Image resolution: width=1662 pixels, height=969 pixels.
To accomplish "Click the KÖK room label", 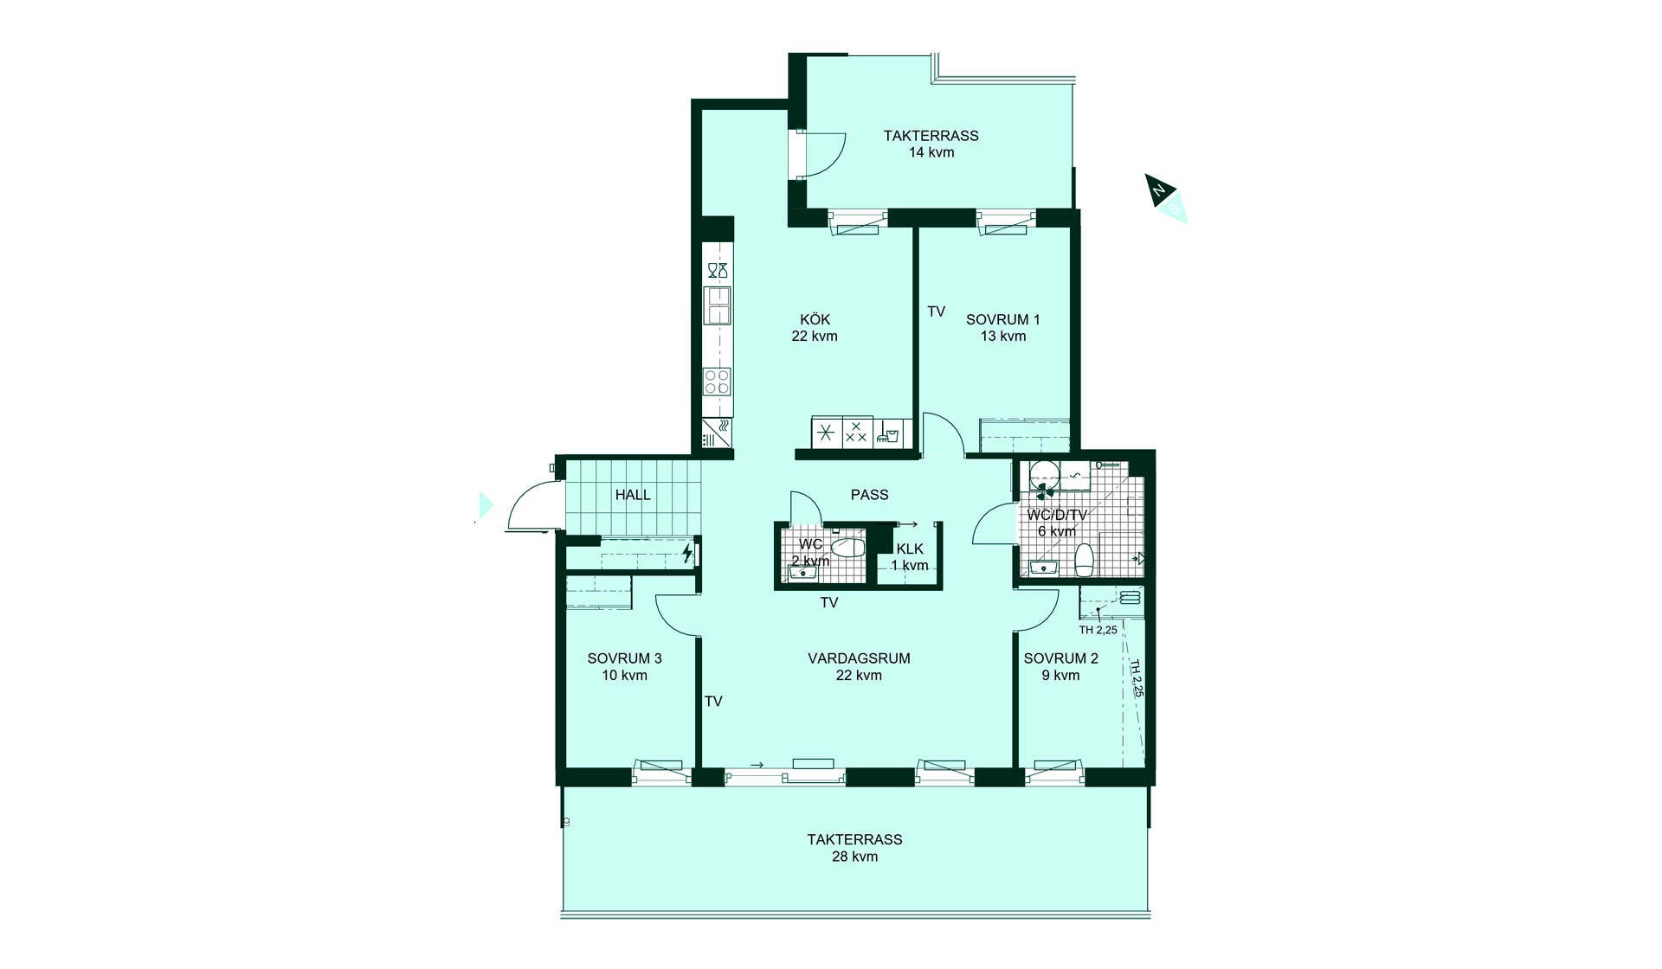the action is click(x=815, y=320).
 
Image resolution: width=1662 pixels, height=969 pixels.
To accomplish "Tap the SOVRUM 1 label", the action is click(x=1003, y=320).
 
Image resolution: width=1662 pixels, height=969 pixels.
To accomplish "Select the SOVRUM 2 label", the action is click(x=1060, y=658).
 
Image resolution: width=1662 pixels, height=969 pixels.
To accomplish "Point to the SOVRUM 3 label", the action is click(x=624, y=658).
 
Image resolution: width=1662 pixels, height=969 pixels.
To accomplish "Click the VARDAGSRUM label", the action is click(x=859, y=658).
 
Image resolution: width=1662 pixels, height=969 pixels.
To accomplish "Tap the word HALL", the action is click(x=633, y=495).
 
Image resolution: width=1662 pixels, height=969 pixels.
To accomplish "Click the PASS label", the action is click(x=869, y=495).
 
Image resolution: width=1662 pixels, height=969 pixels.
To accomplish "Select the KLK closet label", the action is click(x=910, y=549).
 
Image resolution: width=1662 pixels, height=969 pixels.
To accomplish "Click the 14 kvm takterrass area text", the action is click(x=931, y=152).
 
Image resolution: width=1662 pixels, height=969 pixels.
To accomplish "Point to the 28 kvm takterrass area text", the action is click(x=854, y=857).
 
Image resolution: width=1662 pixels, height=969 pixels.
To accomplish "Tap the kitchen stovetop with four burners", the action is click(x=717, y=381).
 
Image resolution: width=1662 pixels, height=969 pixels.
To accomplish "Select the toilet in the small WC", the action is click(x=847, y=547).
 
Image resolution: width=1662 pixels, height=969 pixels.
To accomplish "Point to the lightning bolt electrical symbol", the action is click(x=687, y=553).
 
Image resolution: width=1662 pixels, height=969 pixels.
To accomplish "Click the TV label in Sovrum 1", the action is click(x=936, y=311).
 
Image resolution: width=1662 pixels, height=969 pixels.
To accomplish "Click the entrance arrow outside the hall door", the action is click(x=486, y=504).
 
